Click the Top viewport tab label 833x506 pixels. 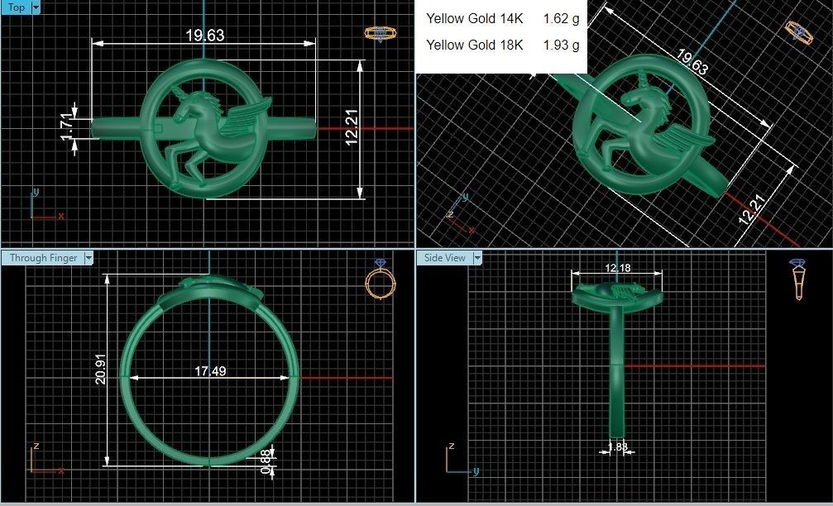click(x=15, y=7)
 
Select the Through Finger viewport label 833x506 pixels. click(x=43, y=258)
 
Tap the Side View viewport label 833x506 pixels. click(x=444, y=258)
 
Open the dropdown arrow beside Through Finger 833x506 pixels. click(x=89, y=258)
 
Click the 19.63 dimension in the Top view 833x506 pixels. click(x=204, y=36)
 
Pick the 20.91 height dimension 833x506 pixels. click(x=100, y=370)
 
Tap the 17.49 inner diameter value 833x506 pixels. click(x=210, y=371)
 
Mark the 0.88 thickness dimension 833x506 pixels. click(x=266, y=461)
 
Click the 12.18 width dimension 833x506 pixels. click(x=618, y=267)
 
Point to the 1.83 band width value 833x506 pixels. click(x=617, y=447)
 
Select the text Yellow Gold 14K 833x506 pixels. click(x=475, y=18)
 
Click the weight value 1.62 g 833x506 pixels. click(x=561, y=18)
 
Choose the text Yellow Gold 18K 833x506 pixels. click(x=475, y=45)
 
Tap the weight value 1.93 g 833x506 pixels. click(x=561, y=45)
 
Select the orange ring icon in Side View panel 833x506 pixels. click(x=799, y=279)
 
